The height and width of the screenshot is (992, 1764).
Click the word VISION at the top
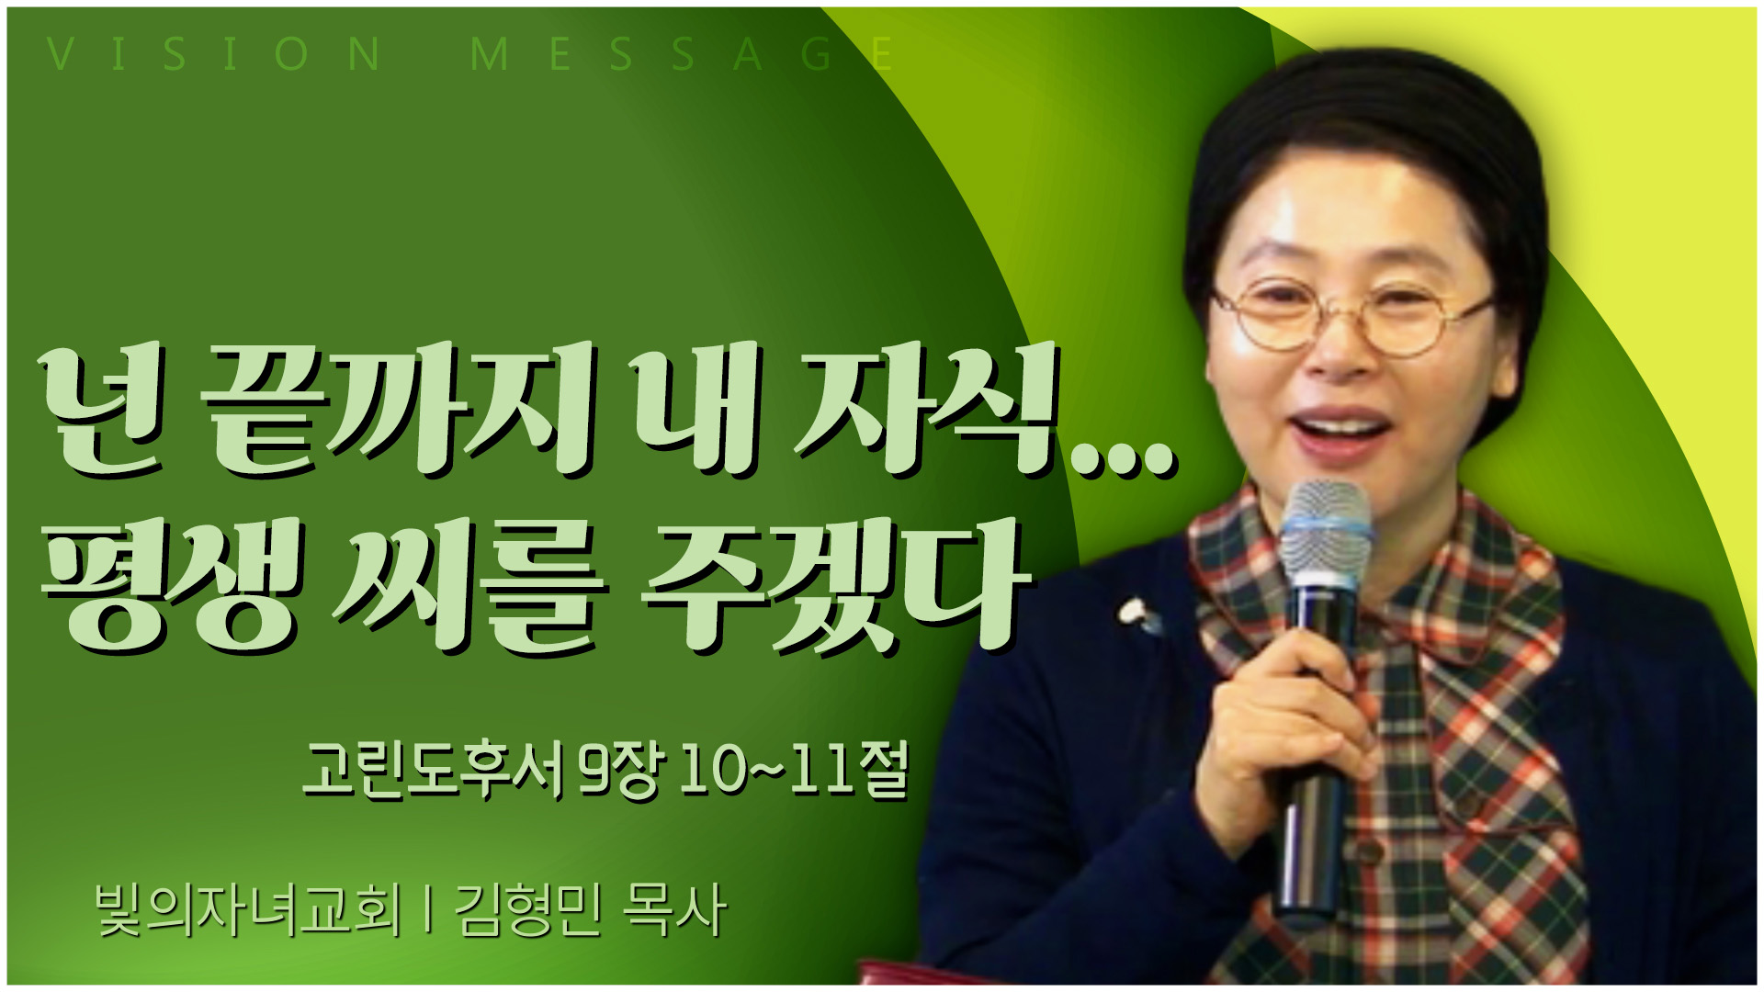point(214,54)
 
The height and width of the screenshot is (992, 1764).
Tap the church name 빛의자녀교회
point(248,910)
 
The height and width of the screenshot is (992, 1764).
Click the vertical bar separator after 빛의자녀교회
point(428,910)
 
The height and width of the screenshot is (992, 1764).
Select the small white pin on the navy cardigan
point(1136,614)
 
